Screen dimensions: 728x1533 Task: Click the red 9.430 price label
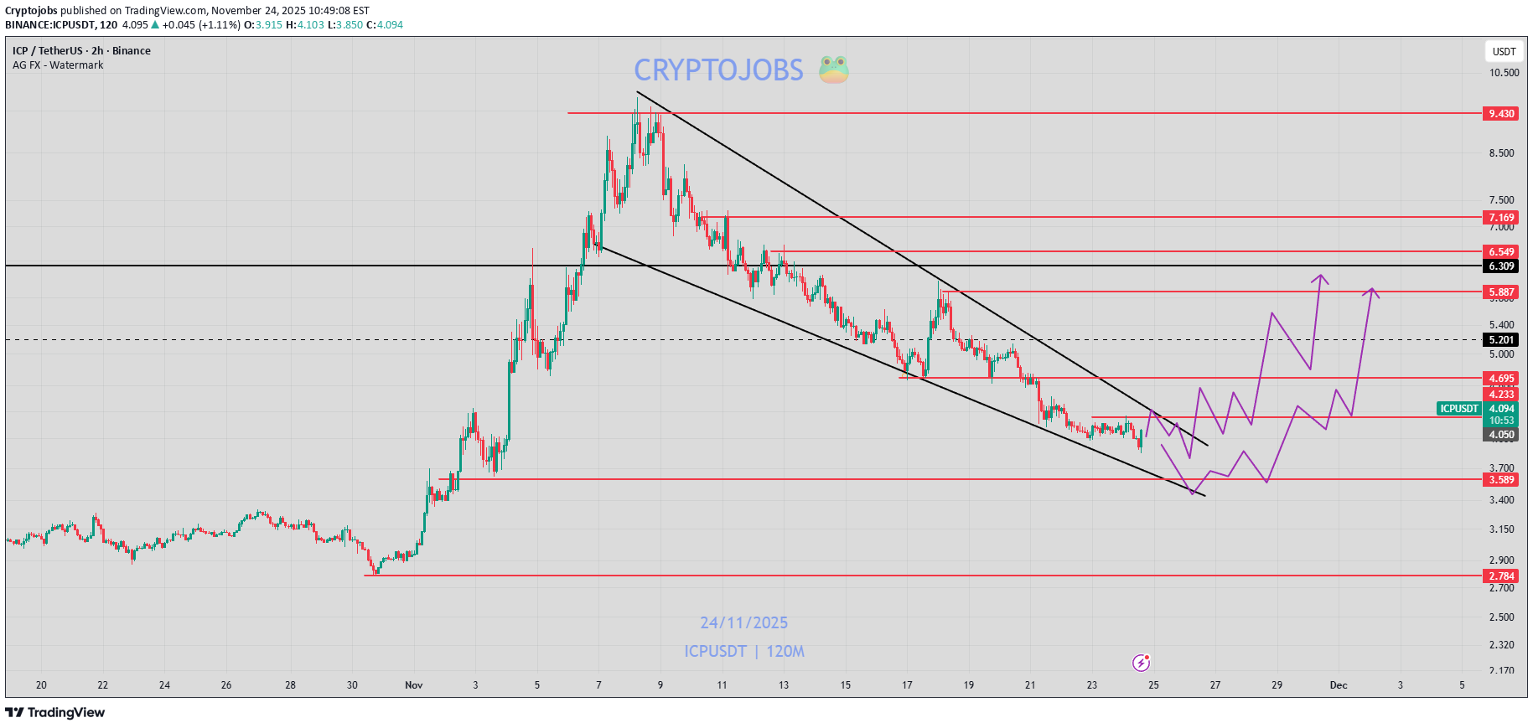click(x=1501, y=114)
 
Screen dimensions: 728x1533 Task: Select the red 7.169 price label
click(x=1501, y=218)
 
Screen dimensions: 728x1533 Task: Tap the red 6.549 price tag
click(x=1501, y=252)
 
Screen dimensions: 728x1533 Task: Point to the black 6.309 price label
click(x=1501, y=266)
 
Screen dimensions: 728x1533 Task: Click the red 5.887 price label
click(x=1501, y=292)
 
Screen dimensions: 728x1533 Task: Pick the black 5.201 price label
click(x=1501, y=340)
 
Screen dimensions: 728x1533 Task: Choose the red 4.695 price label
click(x=1501, y=379)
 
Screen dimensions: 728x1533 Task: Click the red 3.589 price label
click(x=1501, y=480)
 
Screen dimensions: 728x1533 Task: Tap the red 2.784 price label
click(x=1501, y=576)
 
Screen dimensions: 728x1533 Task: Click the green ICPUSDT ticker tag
click(x=1459, y=409)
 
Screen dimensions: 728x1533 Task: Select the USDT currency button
click(x=1504, y=52)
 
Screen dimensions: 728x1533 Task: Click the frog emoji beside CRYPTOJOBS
click(x=833, y=70)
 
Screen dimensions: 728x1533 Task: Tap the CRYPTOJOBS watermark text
click(x=718, y=70)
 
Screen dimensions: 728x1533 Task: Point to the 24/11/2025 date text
click(x=744, y=623)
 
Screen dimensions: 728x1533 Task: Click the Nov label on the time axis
click(x=414, y=685)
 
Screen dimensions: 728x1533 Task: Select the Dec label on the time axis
click(x=1339, y=685)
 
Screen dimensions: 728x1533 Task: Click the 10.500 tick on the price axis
click(x=1504, y=73)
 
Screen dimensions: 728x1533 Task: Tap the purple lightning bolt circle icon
click(x=1141, y=663)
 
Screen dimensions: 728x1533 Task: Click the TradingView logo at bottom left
click(x=55, y=713)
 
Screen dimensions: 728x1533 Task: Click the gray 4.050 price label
click(x=1501, y=435)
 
